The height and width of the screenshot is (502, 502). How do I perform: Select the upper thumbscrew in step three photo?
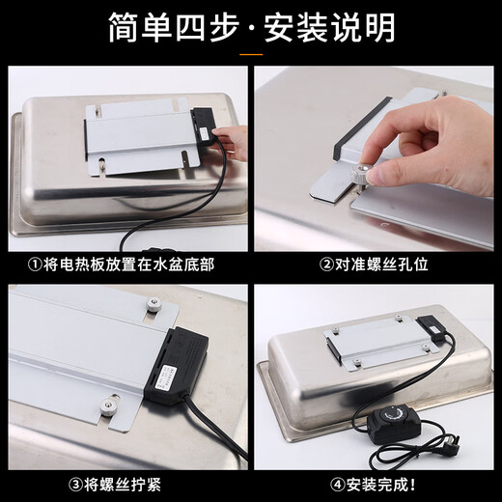152,307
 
